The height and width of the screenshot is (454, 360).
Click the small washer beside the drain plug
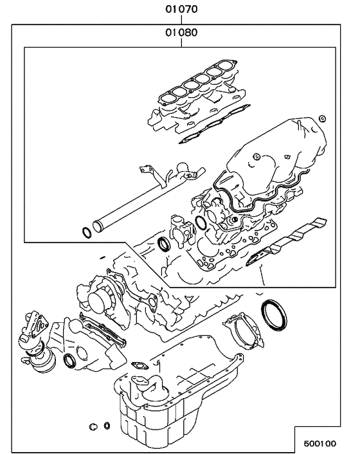point(106,426)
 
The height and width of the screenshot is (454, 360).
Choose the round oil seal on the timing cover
point(69,361)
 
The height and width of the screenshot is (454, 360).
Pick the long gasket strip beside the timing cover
point(103,328)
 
